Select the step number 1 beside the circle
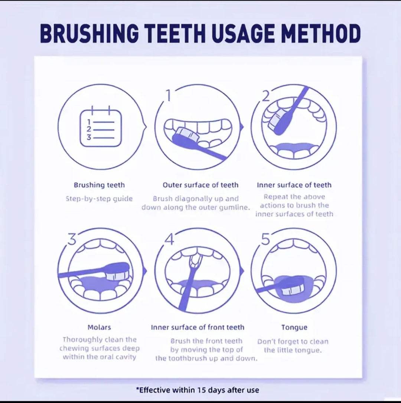[168, 96]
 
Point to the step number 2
[266, 96]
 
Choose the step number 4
[170, 239]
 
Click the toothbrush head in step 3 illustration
[117, 272]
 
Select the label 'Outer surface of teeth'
[200, 185]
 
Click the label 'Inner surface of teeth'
[294, 185]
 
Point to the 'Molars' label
[99, 327]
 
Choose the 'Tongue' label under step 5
[294, 327]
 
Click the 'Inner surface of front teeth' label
[198, 327]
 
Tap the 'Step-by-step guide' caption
[99, 199]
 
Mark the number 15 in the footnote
[202, 390]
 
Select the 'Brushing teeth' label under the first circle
[99, 185]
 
